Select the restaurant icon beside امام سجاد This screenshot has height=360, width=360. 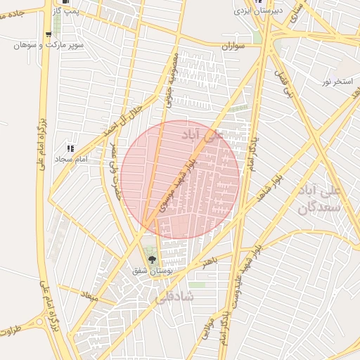70,148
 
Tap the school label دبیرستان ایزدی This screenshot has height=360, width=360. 258,11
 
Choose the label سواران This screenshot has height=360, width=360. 236,46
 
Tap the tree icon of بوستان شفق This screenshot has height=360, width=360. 151,259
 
